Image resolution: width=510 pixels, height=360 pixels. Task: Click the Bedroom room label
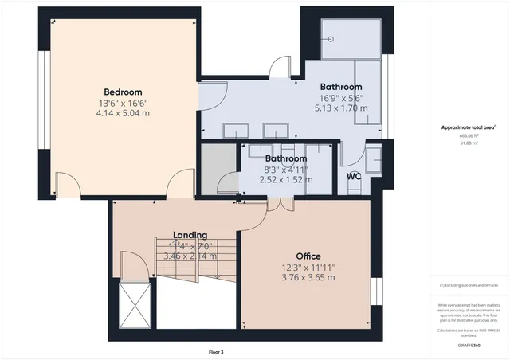[x=123, y=91]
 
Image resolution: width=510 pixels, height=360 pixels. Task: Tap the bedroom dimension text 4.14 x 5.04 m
[x=123, y=113]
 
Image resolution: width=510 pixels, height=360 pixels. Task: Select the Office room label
[x=308, y=256]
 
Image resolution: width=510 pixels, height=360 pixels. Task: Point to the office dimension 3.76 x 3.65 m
[x=308, y=277]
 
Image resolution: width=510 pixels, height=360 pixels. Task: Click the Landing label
[x=190, y=235]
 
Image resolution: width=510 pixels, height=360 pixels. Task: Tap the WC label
[x=354, y=177]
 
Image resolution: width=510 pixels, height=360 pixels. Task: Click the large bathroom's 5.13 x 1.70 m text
[x=340, y=108]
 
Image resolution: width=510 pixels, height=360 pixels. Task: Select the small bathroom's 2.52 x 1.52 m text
[x=285, y=180]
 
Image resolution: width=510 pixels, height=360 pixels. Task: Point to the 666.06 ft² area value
[x=469, y=136]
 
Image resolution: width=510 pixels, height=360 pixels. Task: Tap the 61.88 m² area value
[x=469, y=143]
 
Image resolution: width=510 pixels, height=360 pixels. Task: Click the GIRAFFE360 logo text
[x=469, y=346]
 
